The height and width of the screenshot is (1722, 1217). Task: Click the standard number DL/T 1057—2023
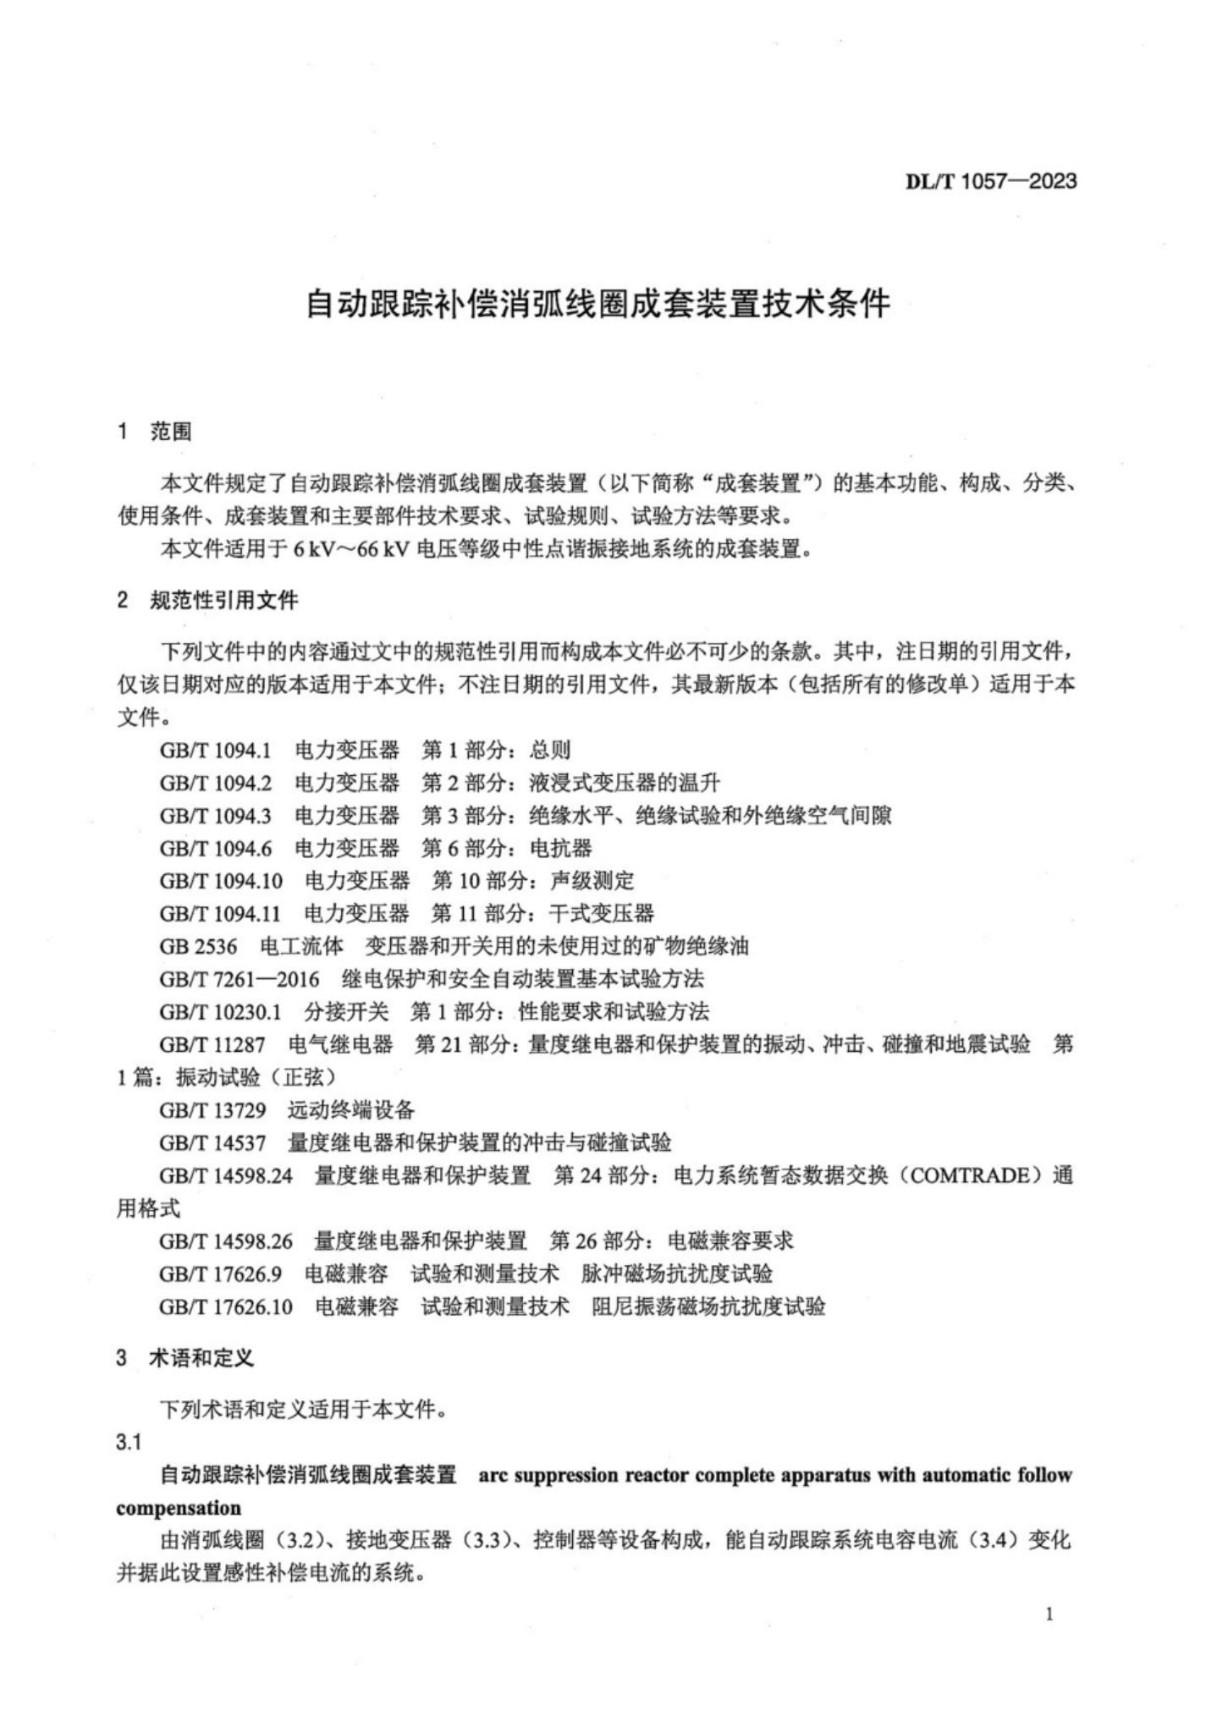tap(991, 181)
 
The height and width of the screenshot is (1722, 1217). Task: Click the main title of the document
tap(597, 304)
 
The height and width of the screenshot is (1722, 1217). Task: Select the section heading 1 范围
tap(155, 432)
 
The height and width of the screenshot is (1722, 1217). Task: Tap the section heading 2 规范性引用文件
tap(208, 601)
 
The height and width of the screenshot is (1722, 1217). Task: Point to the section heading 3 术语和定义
tap(185, 1358)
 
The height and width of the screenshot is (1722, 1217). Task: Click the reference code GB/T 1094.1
tap(216, 750)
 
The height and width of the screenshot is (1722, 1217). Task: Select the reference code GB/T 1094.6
tap(216, 848)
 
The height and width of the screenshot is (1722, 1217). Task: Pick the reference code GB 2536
tap(198, 946)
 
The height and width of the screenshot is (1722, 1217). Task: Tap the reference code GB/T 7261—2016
tap(240, 979)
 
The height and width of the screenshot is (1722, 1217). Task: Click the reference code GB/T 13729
tap(212, 1110)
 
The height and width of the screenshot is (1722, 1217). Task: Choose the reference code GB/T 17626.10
tap(226, 1307)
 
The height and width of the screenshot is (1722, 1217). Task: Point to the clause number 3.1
tap(129, 1443)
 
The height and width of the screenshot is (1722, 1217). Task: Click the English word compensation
tap(179, 1509)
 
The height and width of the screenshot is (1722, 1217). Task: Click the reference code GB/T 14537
tap(212, 1143)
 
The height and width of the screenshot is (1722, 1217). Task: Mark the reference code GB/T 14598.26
tap(226, 1241)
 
